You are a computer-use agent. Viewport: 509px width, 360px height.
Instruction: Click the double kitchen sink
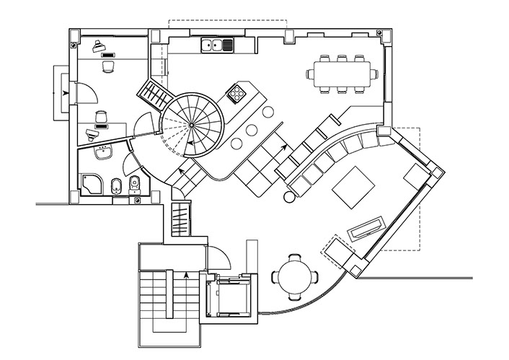tap(217, 47)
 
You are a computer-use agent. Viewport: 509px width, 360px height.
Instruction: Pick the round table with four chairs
tap(294, 276)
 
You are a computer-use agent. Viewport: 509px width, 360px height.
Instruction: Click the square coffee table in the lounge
tap(353, 185)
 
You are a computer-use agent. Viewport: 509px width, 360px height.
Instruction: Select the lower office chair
tap(101, 117)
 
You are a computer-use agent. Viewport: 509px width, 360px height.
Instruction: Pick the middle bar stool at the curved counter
tap(252, 131)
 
